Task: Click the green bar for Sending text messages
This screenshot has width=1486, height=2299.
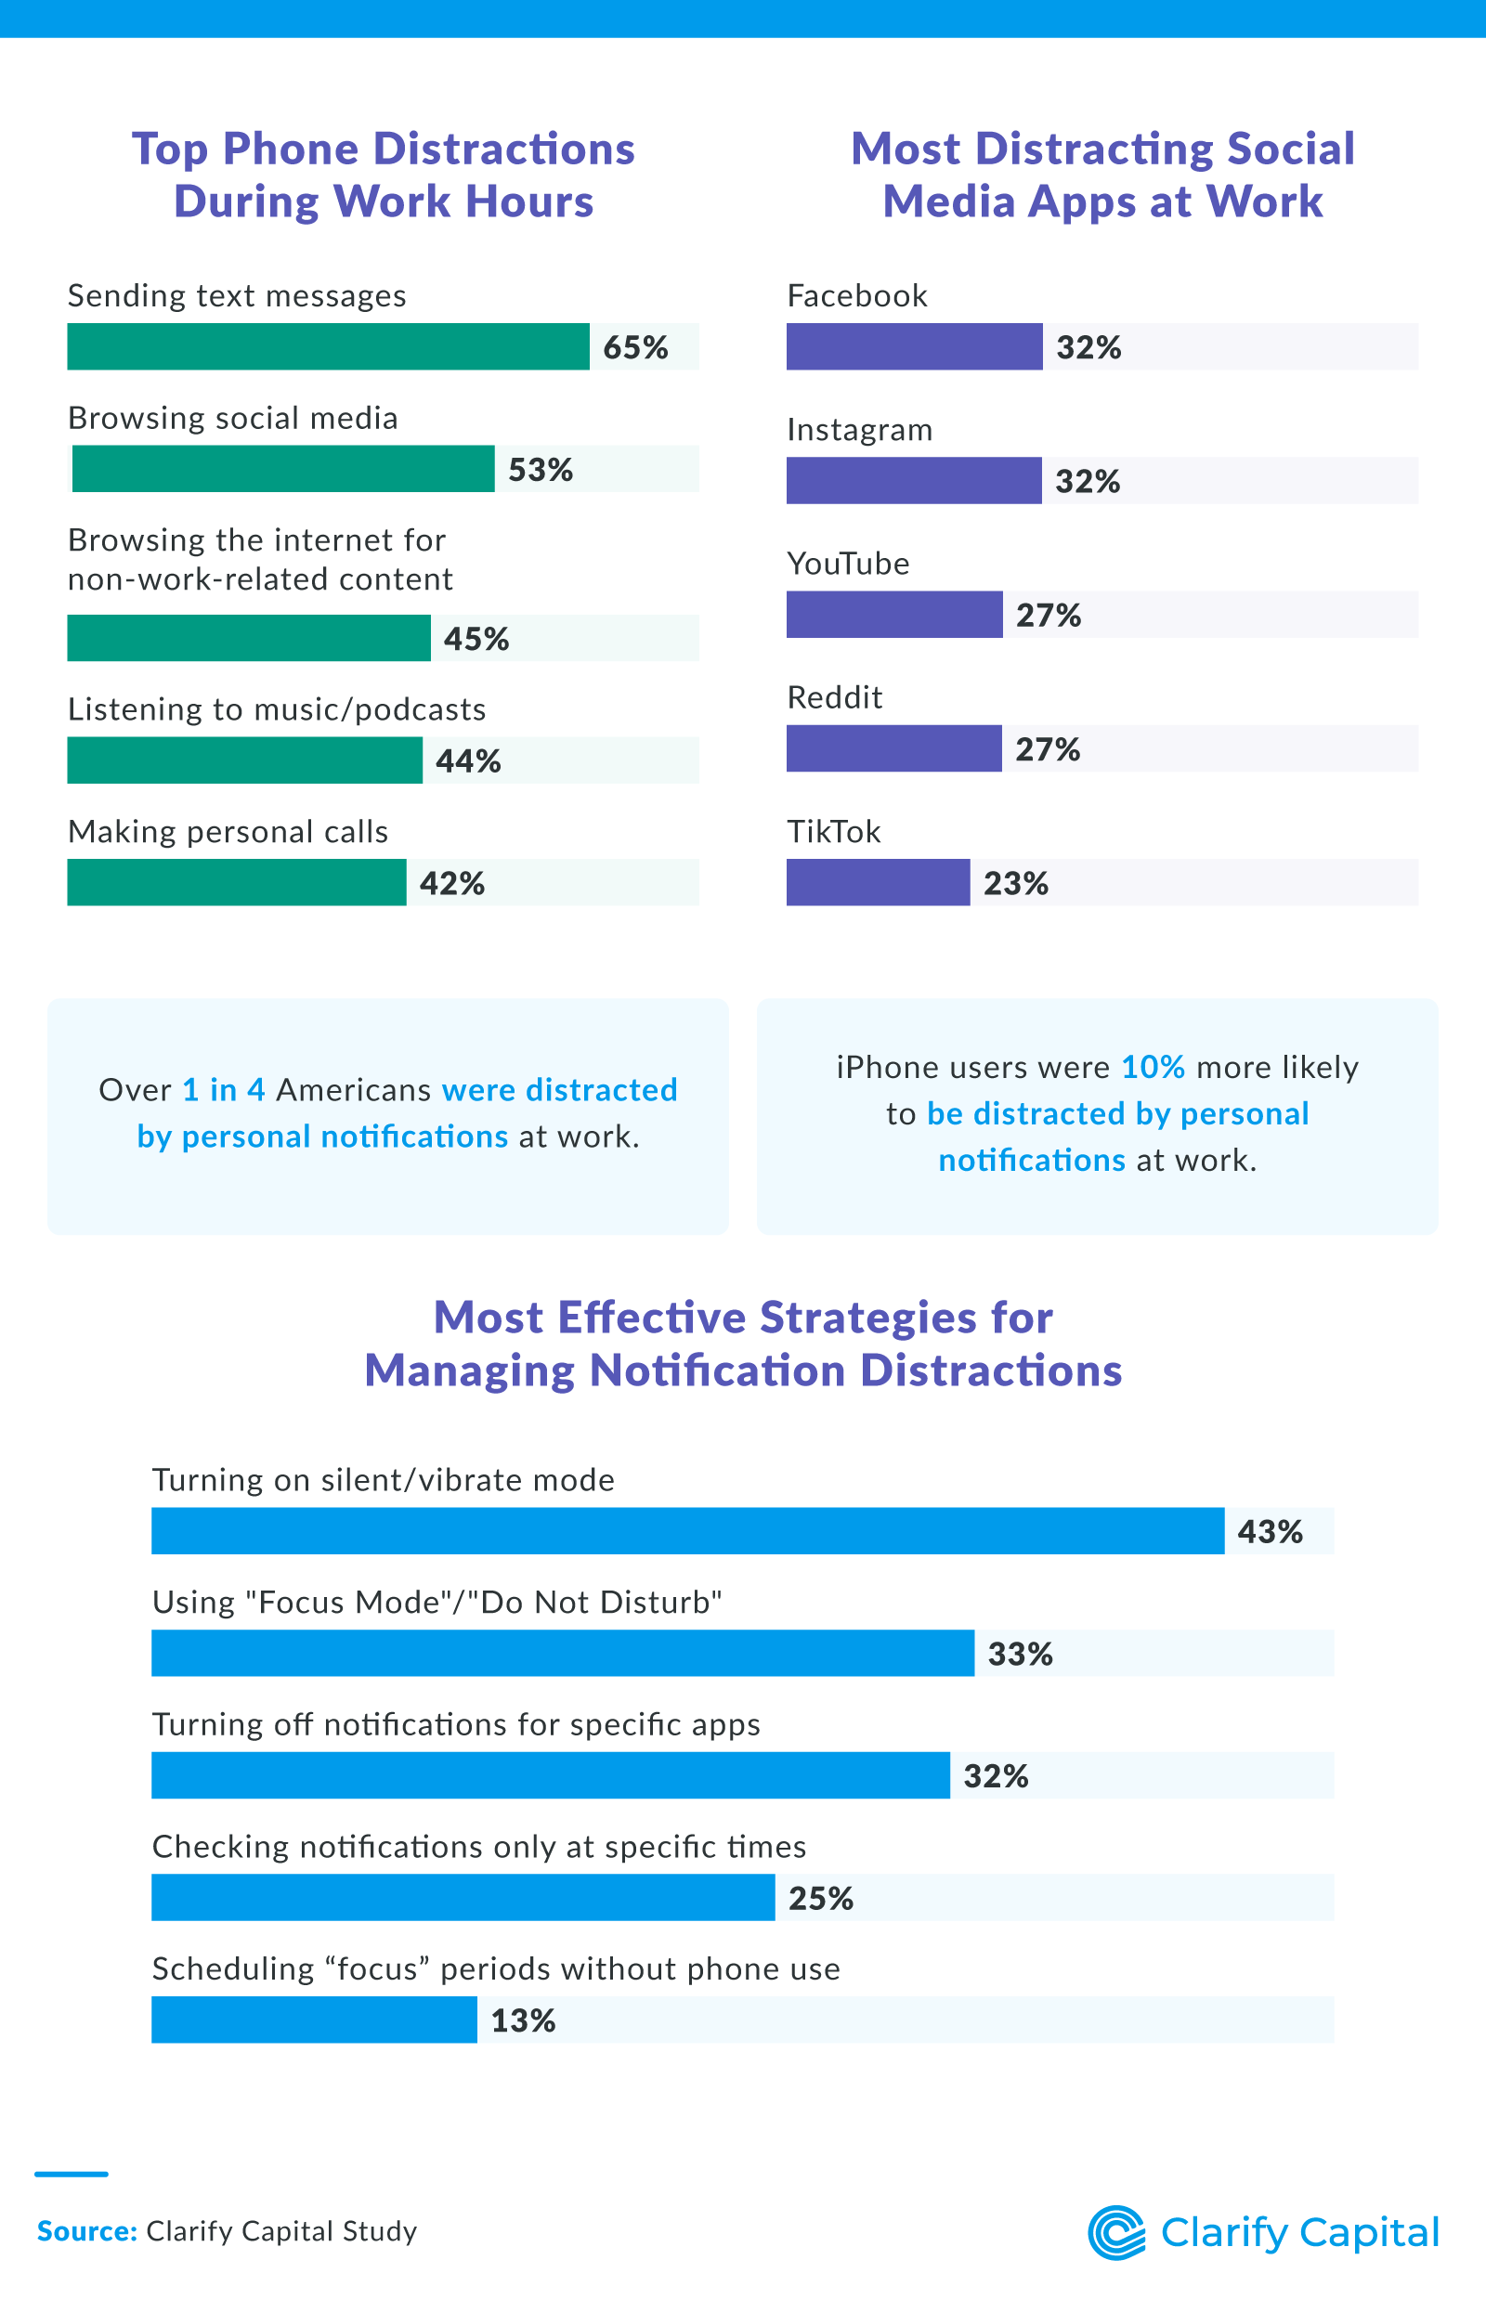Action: tap(328, 346)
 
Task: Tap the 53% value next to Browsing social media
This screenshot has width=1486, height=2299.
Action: tap(541, 470)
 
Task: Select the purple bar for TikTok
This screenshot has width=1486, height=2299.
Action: tap(877, 882)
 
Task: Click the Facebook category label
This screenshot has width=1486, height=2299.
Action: tap(857, 295)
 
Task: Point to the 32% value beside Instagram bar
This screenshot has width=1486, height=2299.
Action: tap(1088, 480)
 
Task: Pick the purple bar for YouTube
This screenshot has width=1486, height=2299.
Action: tap(893, 615)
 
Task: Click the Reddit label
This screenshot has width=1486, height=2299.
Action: tap(835, 697)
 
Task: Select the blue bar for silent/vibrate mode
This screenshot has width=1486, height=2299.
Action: tap(687, 1531)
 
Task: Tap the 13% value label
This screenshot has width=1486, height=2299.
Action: tap(523, 2020)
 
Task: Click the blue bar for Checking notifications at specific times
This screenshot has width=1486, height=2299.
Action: tap(463, 1898)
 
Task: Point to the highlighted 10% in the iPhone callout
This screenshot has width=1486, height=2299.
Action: tap(1153, 1067)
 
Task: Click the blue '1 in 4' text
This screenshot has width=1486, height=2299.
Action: tap(223, 1090)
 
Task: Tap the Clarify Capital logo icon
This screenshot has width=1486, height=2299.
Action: tap(1116, 2232)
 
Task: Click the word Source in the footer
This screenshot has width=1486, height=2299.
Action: tap(87, 2231)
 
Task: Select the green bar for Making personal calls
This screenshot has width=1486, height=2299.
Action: tap(237, 882)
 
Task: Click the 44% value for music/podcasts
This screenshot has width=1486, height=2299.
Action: tap(468, 761)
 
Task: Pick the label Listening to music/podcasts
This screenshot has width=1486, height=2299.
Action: tap(276, 710)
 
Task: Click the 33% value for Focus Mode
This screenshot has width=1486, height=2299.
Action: tap(1020, 1654)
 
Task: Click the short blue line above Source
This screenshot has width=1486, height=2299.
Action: tap(72, 2175)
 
